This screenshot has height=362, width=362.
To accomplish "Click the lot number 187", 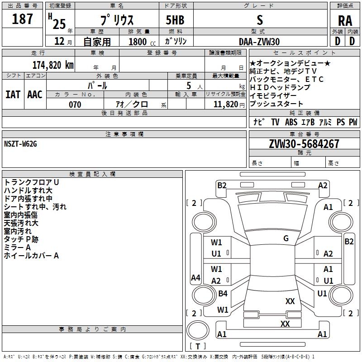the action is [x=22, y=19].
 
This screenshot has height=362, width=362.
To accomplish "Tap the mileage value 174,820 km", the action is [x=53, y=65].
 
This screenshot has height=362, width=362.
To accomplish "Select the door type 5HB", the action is [x=175, y=20].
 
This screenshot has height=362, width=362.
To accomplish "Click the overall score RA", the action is [x=345, y=21].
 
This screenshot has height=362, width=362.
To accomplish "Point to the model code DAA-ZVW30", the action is [x=259, y=42].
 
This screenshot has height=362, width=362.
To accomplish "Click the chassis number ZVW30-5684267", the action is [x=304, y=144].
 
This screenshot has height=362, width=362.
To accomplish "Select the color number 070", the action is [x=75, y=105].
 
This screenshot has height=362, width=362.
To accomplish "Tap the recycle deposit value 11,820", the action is [x=225, y=105].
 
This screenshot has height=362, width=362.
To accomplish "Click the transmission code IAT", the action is [x=13, y=95].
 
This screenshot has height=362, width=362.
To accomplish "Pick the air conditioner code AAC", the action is [x=35, y=95].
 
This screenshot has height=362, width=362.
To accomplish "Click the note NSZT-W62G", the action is [x=20, y=144].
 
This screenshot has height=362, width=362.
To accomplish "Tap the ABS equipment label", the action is [x=291, y=122].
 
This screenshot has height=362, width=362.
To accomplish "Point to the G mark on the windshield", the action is [x=286, y=238].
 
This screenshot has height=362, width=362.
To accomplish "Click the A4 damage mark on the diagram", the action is [x=195, y=277].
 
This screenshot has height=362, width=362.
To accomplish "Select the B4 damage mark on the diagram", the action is [x=223, y=293].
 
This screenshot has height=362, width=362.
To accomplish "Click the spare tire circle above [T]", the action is [x=198, y=330].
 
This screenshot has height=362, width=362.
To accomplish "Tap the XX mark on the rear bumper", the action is [x=285, y=324].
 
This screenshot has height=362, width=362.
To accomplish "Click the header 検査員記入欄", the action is [x=92, y=174].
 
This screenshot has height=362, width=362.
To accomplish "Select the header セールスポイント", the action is [x=304, y=52].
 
